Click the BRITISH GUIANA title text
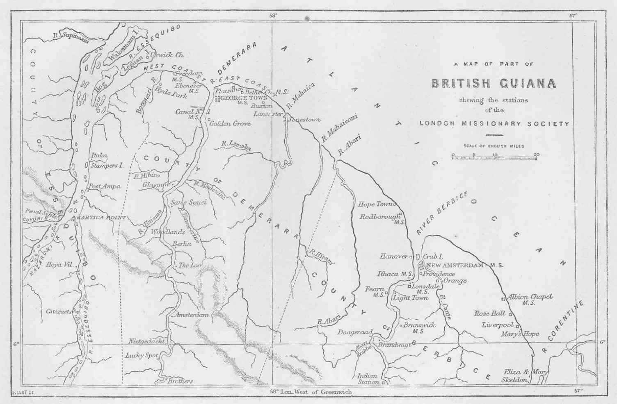[494, 83]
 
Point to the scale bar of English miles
[494, 156]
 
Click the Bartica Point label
[99, 218]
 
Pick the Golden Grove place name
[230, 123]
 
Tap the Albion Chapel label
[530, 297]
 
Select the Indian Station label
[368, 379]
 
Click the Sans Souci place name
[188, 202]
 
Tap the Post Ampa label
[105, 186]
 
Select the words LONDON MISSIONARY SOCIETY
[494, 124]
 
